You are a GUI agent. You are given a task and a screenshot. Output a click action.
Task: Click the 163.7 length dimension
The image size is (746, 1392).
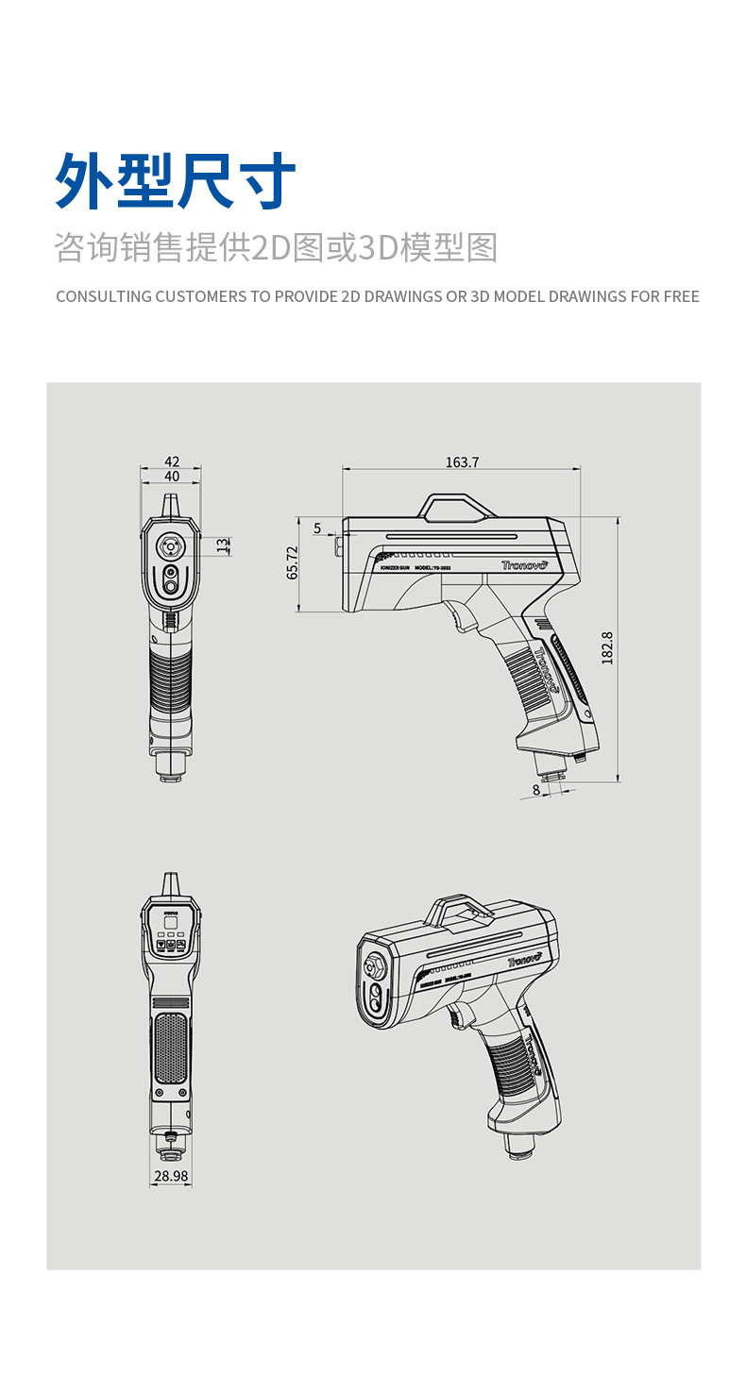(x=462, y=461)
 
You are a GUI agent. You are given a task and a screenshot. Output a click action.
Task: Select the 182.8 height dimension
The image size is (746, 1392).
(x=607, y=648)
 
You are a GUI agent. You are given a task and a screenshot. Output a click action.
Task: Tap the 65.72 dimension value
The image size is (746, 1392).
(x=292, y=562)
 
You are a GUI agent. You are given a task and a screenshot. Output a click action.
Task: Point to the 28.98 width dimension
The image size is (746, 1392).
(x=170, y=1176)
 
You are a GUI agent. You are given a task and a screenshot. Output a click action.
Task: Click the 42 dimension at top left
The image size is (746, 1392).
(x=171, y=461)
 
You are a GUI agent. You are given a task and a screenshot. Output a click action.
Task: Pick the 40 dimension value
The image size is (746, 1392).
(x=171, y=477)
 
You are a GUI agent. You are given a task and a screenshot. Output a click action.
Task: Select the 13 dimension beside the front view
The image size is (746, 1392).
(x=222, y=545)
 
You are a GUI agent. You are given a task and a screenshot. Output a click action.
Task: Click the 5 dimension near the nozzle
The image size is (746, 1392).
(x=317, y=528)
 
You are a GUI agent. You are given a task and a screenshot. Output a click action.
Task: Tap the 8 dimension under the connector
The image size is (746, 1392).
(x=536, y=789)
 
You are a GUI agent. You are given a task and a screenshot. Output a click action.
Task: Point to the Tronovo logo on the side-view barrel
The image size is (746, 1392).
(x=524, y=563)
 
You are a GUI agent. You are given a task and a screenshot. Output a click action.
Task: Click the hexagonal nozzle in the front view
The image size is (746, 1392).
(x=171, y=545)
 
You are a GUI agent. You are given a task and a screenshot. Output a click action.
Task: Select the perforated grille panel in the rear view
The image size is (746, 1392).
(x=170, y=1048)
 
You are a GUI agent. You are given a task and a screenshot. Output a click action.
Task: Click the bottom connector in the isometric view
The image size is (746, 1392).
(x=519, y=1145)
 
